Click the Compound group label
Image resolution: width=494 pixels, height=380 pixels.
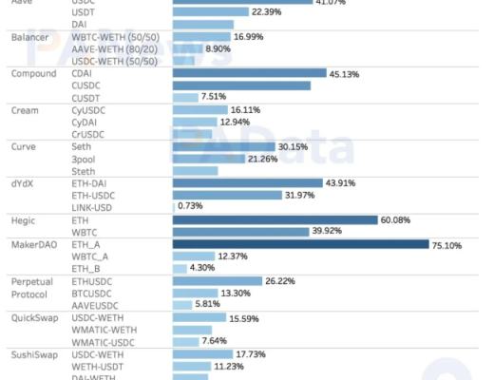33,73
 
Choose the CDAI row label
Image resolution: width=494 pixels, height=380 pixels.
84,73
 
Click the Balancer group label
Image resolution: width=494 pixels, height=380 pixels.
30,37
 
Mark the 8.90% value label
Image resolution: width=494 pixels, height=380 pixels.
218,48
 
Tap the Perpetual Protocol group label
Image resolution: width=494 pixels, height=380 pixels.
33,287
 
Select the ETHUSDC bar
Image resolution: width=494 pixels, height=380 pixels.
217,281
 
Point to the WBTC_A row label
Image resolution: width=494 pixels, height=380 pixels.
90,256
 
